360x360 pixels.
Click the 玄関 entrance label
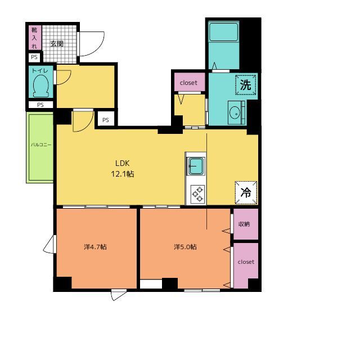[57, 44]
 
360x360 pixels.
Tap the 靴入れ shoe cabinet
[35, 38]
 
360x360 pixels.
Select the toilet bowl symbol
[41, 86]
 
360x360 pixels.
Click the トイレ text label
[40, 70]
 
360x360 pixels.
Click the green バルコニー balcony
[40, 147]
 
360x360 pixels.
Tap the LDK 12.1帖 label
[123, 169]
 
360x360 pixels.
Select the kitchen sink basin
[196, 166]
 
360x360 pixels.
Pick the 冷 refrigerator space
[246, 192]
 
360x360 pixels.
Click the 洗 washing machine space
[246, 85]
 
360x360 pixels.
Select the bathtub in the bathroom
[223, 32]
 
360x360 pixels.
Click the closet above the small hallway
[190, 82]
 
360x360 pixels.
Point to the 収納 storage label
[244, 224]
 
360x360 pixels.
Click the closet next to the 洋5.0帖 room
[246, 264]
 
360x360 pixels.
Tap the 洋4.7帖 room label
[95, 247]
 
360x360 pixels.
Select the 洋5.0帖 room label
[185, 247]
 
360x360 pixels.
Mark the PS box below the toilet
[40, 105]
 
